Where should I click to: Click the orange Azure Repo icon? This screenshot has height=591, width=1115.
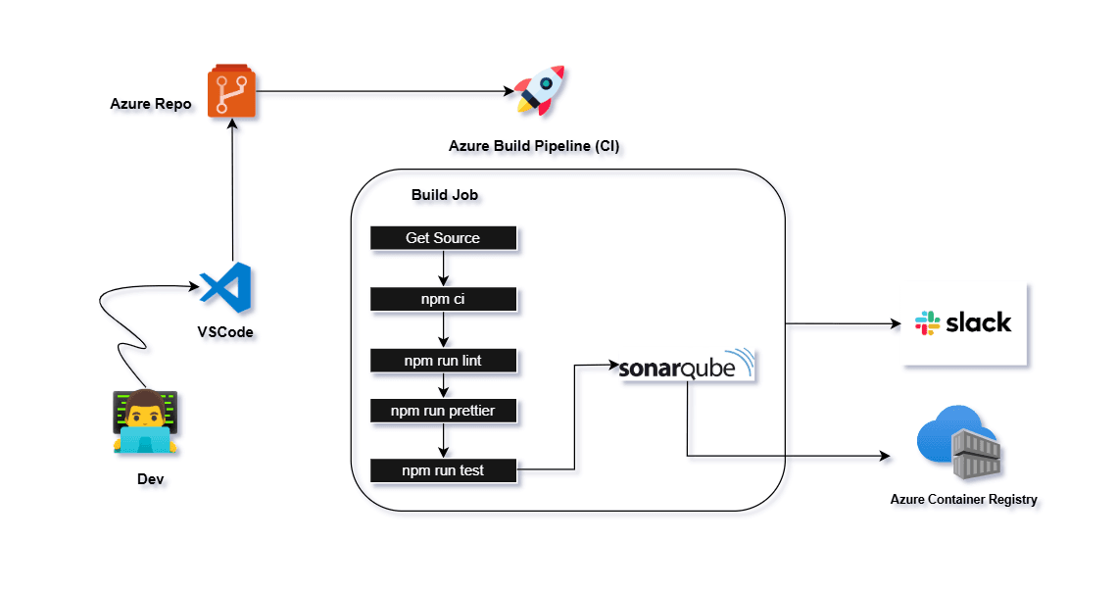pyautogui.click(x=232, y=92)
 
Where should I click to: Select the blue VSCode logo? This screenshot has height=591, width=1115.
pyautogui.click(x=226, y=287)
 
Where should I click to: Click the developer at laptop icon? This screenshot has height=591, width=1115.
pyautogui.click(x=144, y=421)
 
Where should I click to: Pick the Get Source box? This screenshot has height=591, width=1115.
pyautogui.click(x=443, y=238)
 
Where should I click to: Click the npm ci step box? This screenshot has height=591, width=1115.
pyautogui.click(x=443, y=299)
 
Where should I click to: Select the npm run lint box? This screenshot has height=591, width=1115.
pyautogui.click(x=443, y=361)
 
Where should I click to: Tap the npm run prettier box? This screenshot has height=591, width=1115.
pyautogui.click(x=443, y=411)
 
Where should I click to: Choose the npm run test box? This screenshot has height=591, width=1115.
pyautogui.click(x=443, y=471)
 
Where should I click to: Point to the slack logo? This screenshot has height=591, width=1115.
pyautogui.click(x=964, y=322)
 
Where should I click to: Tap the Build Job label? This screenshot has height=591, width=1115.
pyautogui.click(x=445, y=195)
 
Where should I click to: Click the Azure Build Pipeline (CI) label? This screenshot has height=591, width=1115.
pyautogui.click(x=534, y=146)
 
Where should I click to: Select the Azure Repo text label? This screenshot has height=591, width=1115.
pyautogui.click(x=150, y=103)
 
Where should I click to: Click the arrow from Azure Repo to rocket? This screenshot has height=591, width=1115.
pyautogui.click(x=382, y=92)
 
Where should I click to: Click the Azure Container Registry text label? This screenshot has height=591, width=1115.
pyautogui.click(x=963, y=499)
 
